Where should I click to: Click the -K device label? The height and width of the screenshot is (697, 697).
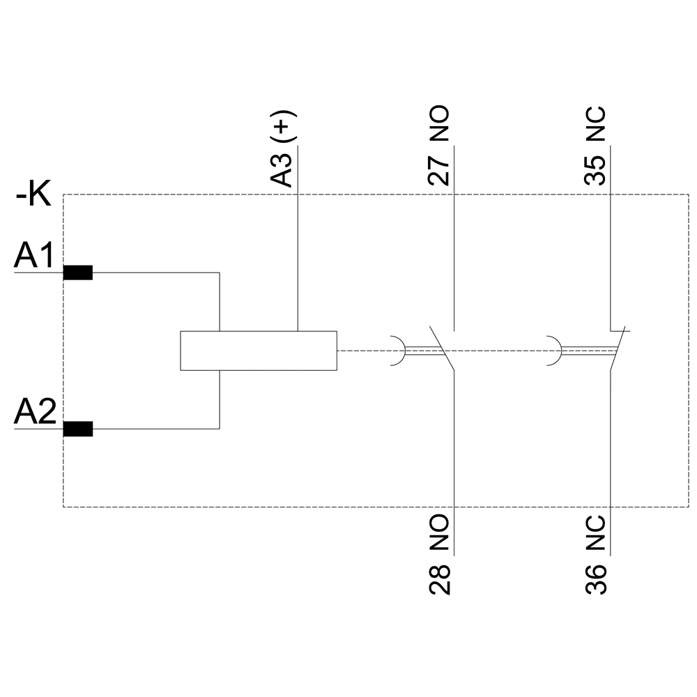pyautogui.click(x=33, y=196)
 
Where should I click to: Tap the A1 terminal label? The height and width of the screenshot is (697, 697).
pyautogui.click(x=34, y=257)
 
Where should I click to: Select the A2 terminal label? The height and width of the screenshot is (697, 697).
pyautogui.click(x=34, y=413)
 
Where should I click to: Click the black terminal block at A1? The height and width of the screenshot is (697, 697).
pyautogui.click(x=77, y=273)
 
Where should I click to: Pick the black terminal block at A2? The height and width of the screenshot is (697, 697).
pyautogui.click(x=77, y=429)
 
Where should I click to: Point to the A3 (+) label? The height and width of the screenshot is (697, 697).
pyautogui.click(x=283, y=148)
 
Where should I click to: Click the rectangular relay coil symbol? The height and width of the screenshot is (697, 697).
pyautogui.click(x=259, y=350)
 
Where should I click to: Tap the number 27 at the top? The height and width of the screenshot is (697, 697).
pyautogui.click(x=439, y=169)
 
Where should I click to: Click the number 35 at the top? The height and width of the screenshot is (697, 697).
pyautogui.click(x=595, y=169)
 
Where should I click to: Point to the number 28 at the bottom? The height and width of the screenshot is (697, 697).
pyautogui.click(x=440, y=579)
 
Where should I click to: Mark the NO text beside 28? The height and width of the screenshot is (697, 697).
pyautogui.click(x=440, y=535)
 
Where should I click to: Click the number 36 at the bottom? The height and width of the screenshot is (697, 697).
pyautogui.click(x=596, y=579)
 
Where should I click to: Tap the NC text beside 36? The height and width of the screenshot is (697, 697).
pyautogui.click(x=596, y=535)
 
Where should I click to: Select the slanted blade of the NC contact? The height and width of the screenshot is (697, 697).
pyautogui.click(x=618, y=348)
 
